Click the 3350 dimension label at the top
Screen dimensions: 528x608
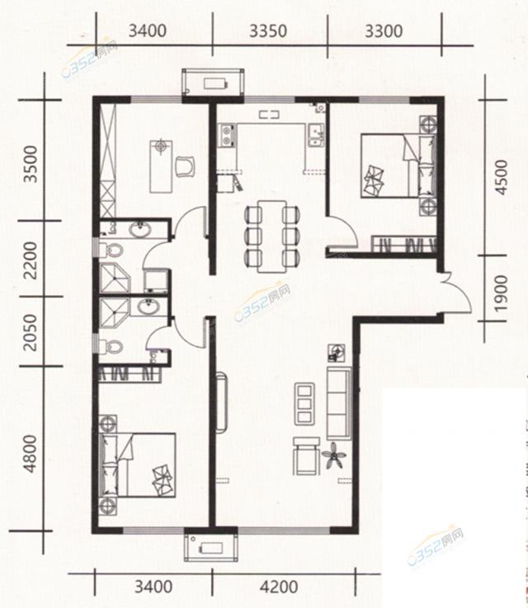pos(268,31)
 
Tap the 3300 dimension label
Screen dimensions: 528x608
pos(384,31)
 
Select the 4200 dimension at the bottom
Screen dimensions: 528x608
pos(279,587)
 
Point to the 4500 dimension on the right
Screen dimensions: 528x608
pos(502,177)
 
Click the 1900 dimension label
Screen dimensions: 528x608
pos(502,292)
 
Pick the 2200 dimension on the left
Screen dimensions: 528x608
pos(31,260)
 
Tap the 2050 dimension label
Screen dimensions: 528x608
pos(31,333)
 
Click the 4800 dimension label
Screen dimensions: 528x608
pos(31,454)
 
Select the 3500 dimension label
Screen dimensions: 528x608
pos(31,164)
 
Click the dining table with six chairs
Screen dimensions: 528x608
pos(272,236)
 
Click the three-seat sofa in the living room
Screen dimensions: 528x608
pos(339,403)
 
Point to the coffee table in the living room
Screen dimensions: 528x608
pos(304,403)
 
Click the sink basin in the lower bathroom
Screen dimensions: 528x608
pos(148,307)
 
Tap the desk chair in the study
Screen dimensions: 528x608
pos(185,166)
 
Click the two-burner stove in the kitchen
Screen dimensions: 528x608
pos(226,136)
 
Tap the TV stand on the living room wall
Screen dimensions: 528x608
pos(221,402)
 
